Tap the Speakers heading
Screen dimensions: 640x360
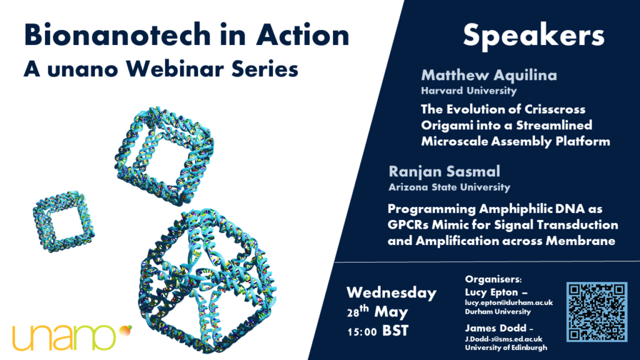(x=534, y=36)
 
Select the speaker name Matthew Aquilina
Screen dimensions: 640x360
(x=489, y=75)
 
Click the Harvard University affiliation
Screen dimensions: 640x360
(x=469, y=91)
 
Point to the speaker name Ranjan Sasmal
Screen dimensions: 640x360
(x=444, y=171)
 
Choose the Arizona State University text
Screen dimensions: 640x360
(x=449, y=187)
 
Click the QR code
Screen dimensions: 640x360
(x=597, y=311)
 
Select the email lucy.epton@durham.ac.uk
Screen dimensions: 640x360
(x=509, y=302)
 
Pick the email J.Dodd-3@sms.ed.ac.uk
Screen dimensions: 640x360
(x=504, y=339)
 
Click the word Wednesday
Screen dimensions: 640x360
(x=391, y=292)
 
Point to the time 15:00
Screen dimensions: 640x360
(x=362, y=332)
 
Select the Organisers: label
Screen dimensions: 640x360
(x=493, y=279)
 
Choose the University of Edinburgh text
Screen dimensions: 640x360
(x=506, y=347)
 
